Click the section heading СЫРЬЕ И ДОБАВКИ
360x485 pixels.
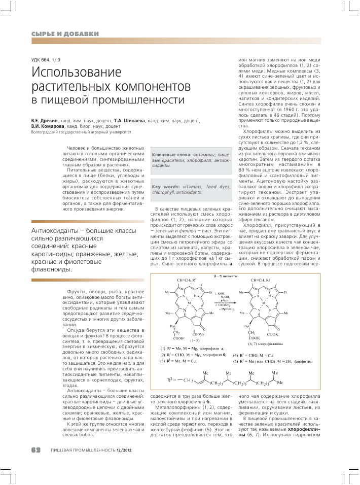click(x=65, y=34)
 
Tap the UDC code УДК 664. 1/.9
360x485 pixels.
click(x=49, y=61)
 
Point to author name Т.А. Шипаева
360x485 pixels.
click(x=129, y=121)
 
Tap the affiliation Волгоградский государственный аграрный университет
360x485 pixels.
click(x=81, y=132)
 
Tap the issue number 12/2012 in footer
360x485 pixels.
click(x=124, y=450)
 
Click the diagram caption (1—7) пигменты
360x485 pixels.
click(x=225, y=276)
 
